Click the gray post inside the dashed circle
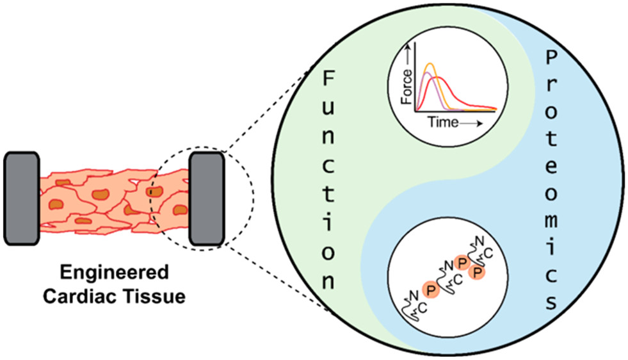(206, 197)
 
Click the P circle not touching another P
(431, 290)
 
